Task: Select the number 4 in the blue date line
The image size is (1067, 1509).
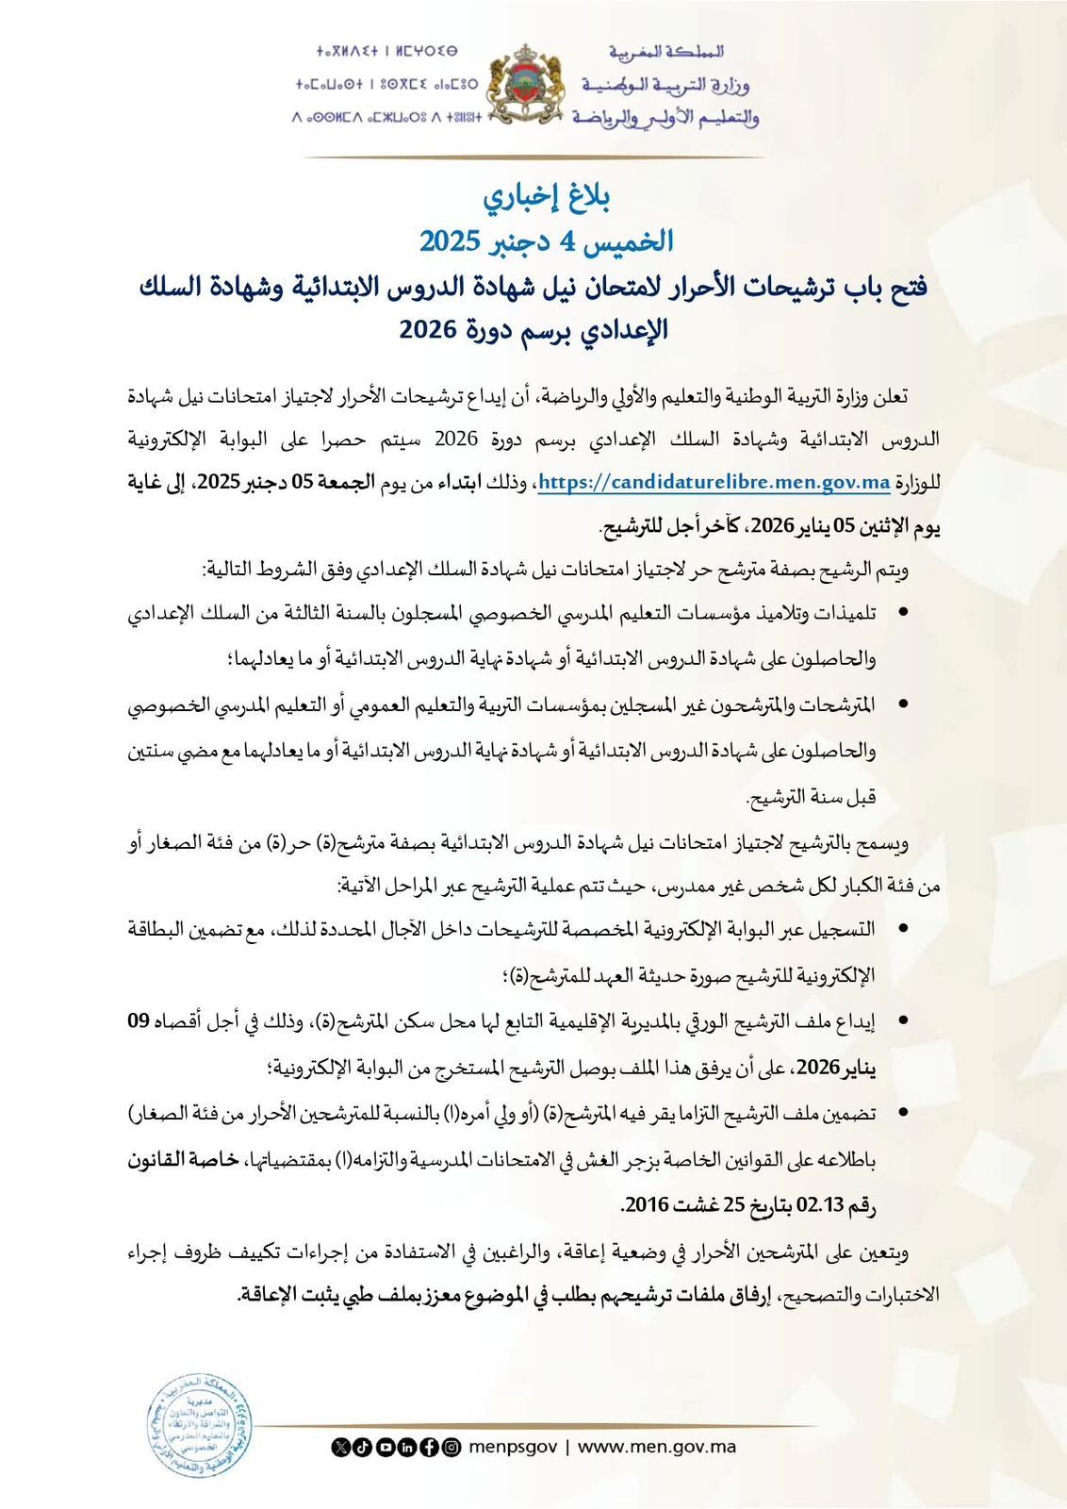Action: [566, 240]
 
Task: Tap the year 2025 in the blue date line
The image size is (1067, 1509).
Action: [451, 240]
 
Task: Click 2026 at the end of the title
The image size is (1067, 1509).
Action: [429, 330]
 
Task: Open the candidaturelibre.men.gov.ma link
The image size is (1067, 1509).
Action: [714, 482]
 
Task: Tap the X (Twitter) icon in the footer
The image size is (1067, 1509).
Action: [340, 1447]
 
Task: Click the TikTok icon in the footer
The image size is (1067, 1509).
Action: [363, 1447]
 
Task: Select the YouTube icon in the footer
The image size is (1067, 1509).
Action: [385, 1447]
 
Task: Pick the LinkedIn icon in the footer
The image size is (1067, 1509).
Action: [407, 1447]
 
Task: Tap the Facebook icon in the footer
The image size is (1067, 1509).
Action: [429, 1447]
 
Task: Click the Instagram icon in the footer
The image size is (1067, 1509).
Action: [451, 1447]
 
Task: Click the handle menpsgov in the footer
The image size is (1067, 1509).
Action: [513, 1447]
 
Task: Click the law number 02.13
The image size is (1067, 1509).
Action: [822, 1204]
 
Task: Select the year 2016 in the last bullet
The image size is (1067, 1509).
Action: [647, 1204]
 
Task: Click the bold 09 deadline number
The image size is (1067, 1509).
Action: [139, 1020]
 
